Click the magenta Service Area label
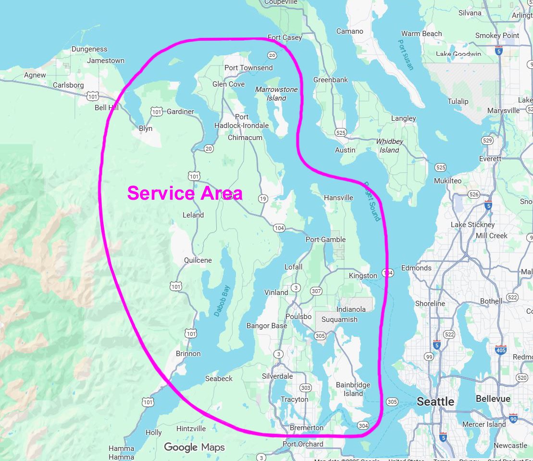pos(185,193)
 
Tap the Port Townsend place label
pos(248,68)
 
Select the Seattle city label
pos(435,401)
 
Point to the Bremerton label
pos(307,428)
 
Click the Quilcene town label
pos(198,260)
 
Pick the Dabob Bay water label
pos(222,301)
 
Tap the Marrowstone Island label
pos(276,94)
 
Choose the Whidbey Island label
pos(389,146)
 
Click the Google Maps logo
pos(194,448)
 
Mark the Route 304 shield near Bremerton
pos(363,425)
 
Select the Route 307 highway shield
pos(316,291)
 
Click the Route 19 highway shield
pos(262,198)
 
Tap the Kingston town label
pos(363,276)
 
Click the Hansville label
pos(338,198)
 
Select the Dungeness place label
pos(89,49)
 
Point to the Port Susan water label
pos(406,54)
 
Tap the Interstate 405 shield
pos(500,350)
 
